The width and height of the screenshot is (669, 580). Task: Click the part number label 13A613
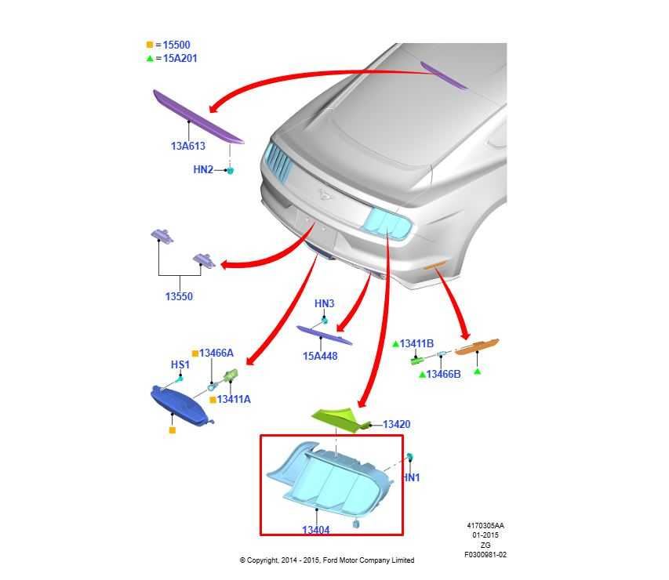point(188,146)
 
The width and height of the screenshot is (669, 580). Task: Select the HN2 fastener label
point(203,169)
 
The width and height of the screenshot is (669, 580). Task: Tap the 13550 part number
point(179,296)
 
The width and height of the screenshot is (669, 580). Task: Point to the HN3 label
point(324,303)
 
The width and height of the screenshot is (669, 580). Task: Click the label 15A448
point(320,356)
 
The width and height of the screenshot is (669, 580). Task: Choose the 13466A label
point(216,353)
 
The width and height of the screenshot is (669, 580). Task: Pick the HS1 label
point(180,364)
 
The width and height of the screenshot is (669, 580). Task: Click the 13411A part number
point(234,400)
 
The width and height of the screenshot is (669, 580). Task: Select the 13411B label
point(416,343)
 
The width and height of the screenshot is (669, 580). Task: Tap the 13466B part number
point(443,374)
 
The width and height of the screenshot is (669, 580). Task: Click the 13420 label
point(397,424)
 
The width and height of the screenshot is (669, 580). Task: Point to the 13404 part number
point(316,530)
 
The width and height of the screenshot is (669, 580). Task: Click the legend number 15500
point(176,45)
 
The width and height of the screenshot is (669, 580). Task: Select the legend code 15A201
point(180,59)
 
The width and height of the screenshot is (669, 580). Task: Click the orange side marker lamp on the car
point(434,266)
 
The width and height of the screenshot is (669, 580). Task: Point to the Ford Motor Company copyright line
point(327,560)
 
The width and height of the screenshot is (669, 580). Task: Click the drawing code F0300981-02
point(485,555)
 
